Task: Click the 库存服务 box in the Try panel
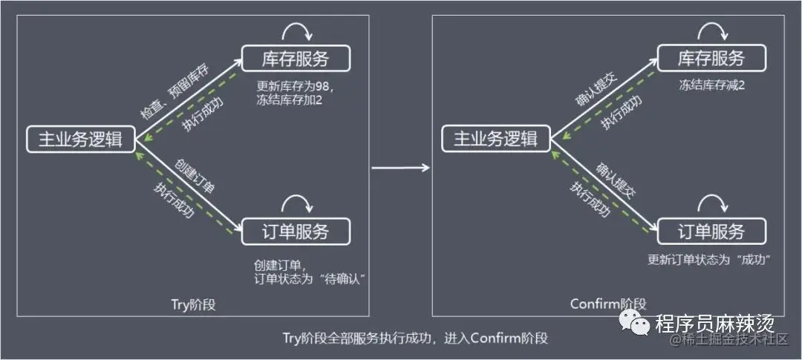coord(295,59)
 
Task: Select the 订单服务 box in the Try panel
coord(295,232)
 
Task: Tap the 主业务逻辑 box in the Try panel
coord(81,140)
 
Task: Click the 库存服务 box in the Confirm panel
coord(711,59)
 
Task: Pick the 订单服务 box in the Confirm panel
coord(711,232)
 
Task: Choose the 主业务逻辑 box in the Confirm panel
coord(495,140)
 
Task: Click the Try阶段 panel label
coord(193,305)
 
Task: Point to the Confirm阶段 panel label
coord(608,304)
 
